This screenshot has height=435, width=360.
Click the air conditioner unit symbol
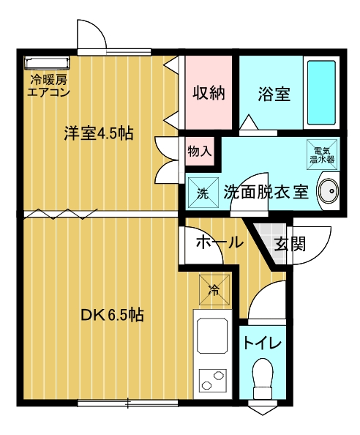pyautogui.click(x=47, y=62)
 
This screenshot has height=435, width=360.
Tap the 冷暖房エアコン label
pyautogui.click(x=48, y=86)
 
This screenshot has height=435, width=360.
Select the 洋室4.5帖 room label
pyautogui.click(x=99, y=133)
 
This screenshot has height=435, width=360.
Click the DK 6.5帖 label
pyautogui.click(x=112, y=314)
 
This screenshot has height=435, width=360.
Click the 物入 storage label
pyautogui.click(x=200, y=151)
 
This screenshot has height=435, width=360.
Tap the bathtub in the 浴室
pyautogui.click(x=321, y=93)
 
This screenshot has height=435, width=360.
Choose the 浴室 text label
pyautogui.click(x=274, y=94)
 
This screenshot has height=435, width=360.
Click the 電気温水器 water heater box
pyautogui.click(x=322, y=155)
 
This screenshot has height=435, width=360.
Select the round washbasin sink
pyautogui.click(x=329, y=191)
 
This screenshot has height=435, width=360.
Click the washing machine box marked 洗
pyautogui.click(x=203, y=193)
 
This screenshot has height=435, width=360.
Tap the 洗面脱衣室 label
pyautogui.click(x=266, y=192)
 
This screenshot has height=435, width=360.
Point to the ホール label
pyautogui.click(x=220, y=242)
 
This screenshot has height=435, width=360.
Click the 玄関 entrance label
pyautogui.click(x=290, y=244)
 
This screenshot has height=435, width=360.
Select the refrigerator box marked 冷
pyautogui.click(x=214, y=289)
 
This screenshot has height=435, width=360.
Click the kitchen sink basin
pyautogui.click(x=212, y=335)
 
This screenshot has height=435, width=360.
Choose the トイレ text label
pyautogui.click(x=262, y=343)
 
